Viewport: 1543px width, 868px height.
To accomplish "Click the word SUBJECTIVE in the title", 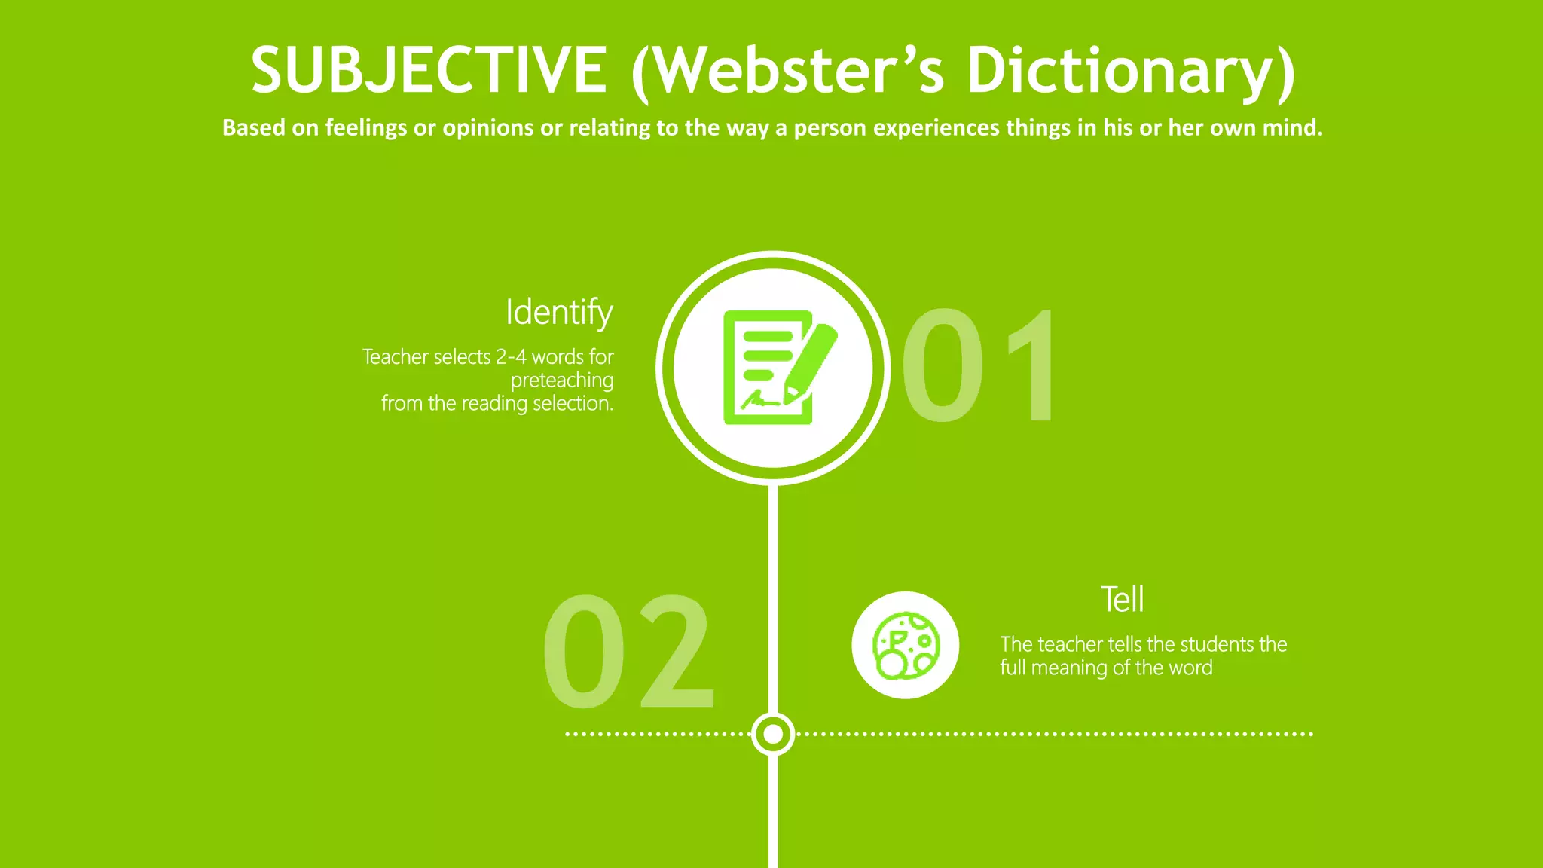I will click(429, 70).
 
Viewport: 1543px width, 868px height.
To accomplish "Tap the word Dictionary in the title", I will click(1130, 70).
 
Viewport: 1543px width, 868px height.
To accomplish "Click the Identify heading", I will click(559, 312).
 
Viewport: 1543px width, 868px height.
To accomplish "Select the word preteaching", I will click(562, 381).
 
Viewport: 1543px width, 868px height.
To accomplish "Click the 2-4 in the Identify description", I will click(511, 356).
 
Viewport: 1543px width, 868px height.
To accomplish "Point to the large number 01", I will click(979, 366).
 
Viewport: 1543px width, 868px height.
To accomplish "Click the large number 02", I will click(628, 652).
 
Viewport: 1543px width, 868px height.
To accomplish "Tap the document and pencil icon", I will click(773, 368).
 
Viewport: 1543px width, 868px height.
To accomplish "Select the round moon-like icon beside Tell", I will click(906, 645).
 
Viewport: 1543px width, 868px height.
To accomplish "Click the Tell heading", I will click(1122, 600).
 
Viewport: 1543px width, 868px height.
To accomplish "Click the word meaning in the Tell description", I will click(1069, 668).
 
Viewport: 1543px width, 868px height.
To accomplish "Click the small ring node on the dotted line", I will click(773, 733).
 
